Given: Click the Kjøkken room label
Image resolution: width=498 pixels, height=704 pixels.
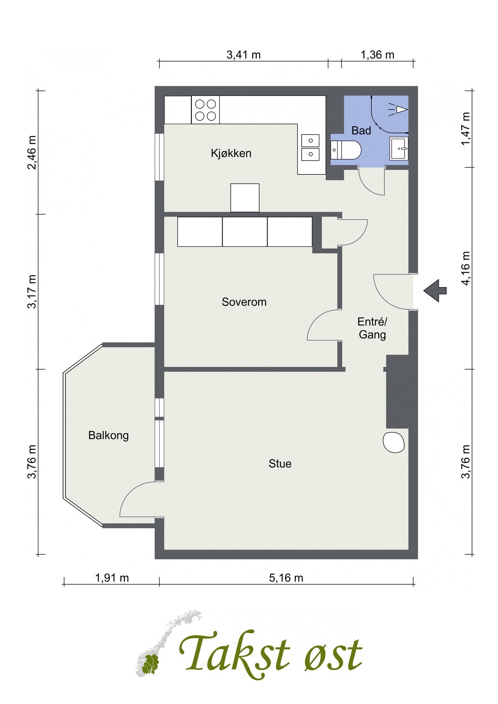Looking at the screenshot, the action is coord(231,153).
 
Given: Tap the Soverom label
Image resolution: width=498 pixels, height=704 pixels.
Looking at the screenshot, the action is coord(244,302).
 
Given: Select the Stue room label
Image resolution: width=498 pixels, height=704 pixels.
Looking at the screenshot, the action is coord(280,463).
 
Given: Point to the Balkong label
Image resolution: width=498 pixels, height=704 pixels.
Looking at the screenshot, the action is coord(108,435).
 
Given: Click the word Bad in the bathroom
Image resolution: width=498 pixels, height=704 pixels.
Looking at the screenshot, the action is coord(361,131).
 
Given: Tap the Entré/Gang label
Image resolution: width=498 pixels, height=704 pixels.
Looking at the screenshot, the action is coord(372,328).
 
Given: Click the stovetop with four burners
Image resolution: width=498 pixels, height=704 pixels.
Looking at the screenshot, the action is coord(205,110).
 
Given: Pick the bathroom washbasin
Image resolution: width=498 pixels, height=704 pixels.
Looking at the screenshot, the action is coord(399,148).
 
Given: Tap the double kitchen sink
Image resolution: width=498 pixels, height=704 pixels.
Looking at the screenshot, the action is coord(310,147).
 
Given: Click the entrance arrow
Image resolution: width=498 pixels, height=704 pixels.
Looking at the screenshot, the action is coord(435,291).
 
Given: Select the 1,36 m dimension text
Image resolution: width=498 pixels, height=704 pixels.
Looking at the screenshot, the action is coord(378,54).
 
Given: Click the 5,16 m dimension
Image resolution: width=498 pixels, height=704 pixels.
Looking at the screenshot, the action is coord(286,578).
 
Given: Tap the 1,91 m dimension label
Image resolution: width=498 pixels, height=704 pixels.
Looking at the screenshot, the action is coord(112,578).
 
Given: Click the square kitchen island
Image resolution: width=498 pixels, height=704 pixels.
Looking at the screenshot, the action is coord(245,198).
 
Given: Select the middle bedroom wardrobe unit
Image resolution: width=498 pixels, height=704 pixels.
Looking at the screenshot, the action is coord(245,232).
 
